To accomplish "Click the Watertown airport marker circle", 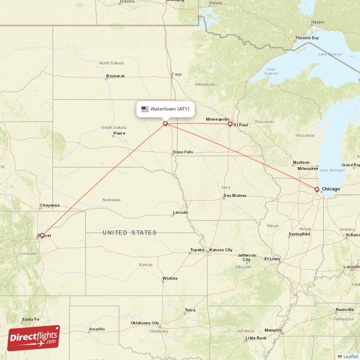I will (166, 123).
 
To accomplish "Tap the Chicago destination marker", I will (317, 189).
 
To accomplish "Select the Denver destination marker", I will (41, 235).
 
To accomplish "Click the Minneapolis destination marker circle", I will (230, 124).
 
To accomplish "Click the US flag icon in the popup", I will (145, 109).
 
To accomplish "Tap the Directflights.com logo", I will (34, 337).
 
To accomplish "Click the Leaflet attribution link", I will (350, 356).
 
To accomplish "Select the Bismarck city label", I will (115, 76).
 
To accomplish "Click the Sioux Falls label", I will (183, 152).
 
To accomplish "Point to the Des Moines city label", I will (235, 196).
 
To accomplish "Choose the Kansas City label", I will (221, 250).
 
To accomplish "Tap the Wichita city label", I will (170, 279).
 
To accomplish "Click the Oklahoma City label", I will (145, 323).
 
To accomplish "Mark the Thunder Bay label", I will (307, 38).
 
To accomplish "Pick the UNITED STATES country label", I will (130, 233).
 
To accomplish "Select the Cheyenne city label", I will (49, 205).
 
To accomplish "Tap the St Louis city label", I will (272, 259).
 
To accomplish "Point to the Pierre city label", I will (119, 133).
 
